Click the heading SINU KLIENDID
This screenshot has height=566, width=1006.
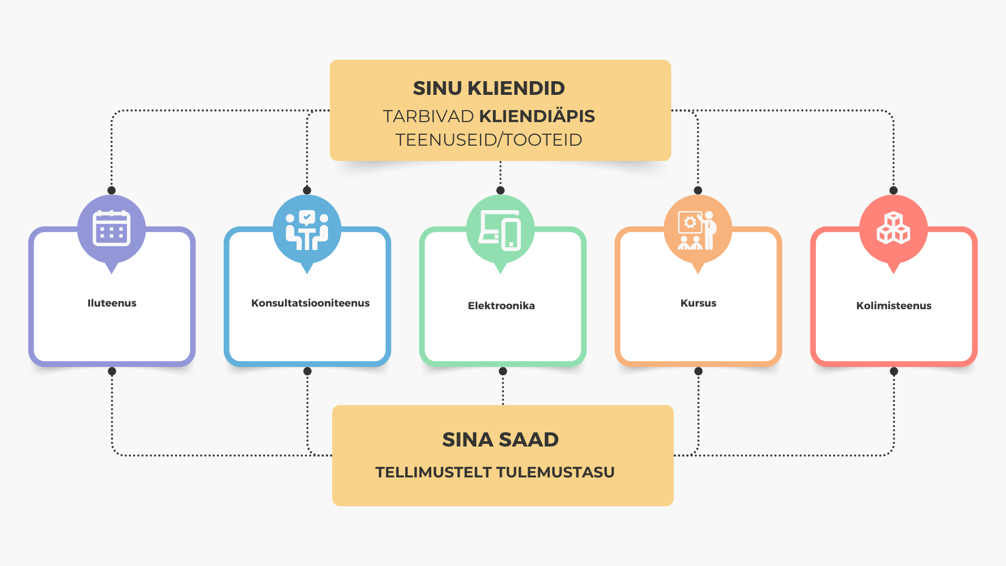click(x=489, y=88)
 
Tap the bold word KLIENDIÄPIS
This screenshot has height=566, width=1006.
click(x=537, y=116)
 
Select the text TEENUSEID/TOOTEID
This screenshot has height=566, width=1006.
click(x=489, y=140)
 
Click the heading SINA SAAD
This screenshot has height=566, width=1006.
click(x=500, y=439)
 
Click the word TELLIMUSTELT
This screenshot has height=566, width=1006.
click(x=433, y=472)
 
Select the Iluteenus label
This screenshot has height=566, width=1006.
click(x=112, y=303)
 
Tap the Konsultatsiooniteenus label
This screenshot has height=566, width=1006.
click(x=310, y=303)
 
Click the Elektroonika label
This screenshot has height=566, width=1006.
click(x=501, y=306)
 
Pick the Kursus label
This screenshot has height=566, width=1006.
click(x=698, y=303)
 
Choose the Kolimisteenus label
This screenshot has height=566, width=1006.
click(x=894, y=306)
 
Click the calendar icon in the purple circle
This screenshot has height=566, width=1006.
click(x=112, y=228)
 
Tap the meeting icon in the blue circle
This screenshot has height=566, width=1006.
click(x=307, y=230)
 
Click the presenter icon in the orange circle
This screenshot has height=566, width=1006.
click(x=697, y=230)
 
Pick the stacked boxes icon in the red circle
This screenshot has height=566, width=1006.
click(x=893, y=228)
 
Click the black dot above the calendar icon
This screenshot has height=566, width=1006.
click(x=112, y=190)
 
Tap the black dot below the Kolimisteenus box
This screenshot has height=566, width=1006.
click(x=894, y=371)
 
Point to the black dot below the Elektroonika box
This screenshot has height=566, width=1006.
click(x=503, y=371)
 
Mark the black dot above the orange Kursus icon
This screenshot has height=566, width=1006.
click(x=698, y=190)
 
